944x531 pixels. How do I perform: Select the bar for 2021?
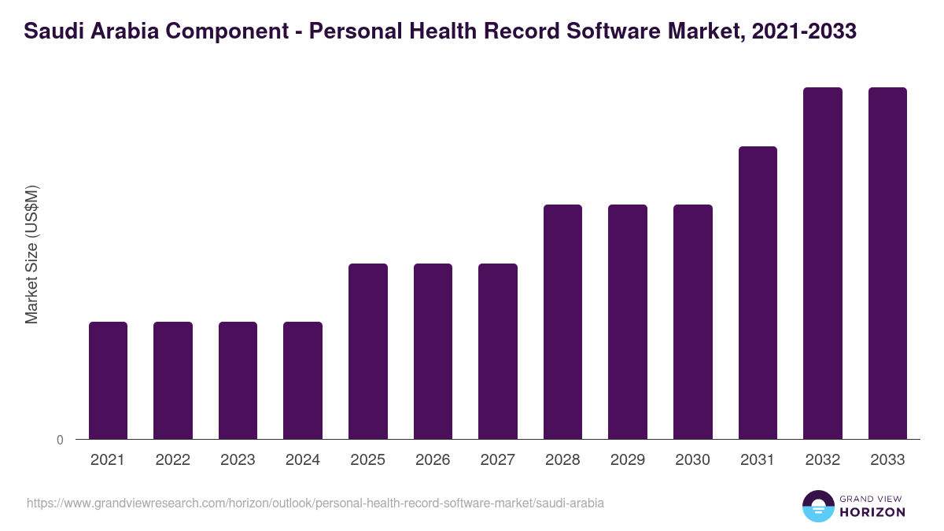tap(108, 380)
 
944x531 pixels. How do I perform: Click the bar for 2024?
tap(303, 380)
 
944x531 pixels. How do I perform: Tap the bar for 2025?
tap(368, 351)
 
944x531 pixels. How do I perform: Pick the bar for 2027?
tap(498, 351)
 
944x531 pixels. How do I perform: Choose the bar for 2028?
tap(563, 322)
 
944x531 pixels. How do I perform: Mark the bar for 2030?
tap(693, 322)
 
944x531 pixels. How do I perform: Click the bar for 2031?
tap(758, 293)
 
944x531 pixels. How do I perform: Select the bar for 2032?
tap(823, 263)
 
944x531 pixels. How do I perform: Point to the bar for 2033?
tap(887, 263)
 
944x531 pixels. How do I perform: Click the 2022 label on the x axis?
tap(172, 460)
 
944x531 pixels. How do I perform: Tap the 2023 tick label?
tap(238, 460)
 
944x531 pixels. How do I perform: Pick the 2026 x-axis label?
tap(433, 460)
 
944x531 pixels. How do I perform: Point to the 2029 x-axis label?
tap(628, 460)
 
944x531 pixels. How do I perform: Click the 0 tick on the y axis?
tap(60, 440)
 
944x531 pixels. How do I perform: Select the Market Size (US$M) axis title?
tap(31, 255)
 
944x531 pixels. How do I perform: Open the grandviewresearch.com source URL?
tap(315, 503)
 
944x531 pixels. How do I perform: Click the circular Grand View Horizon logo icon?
tap(817, 506)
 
